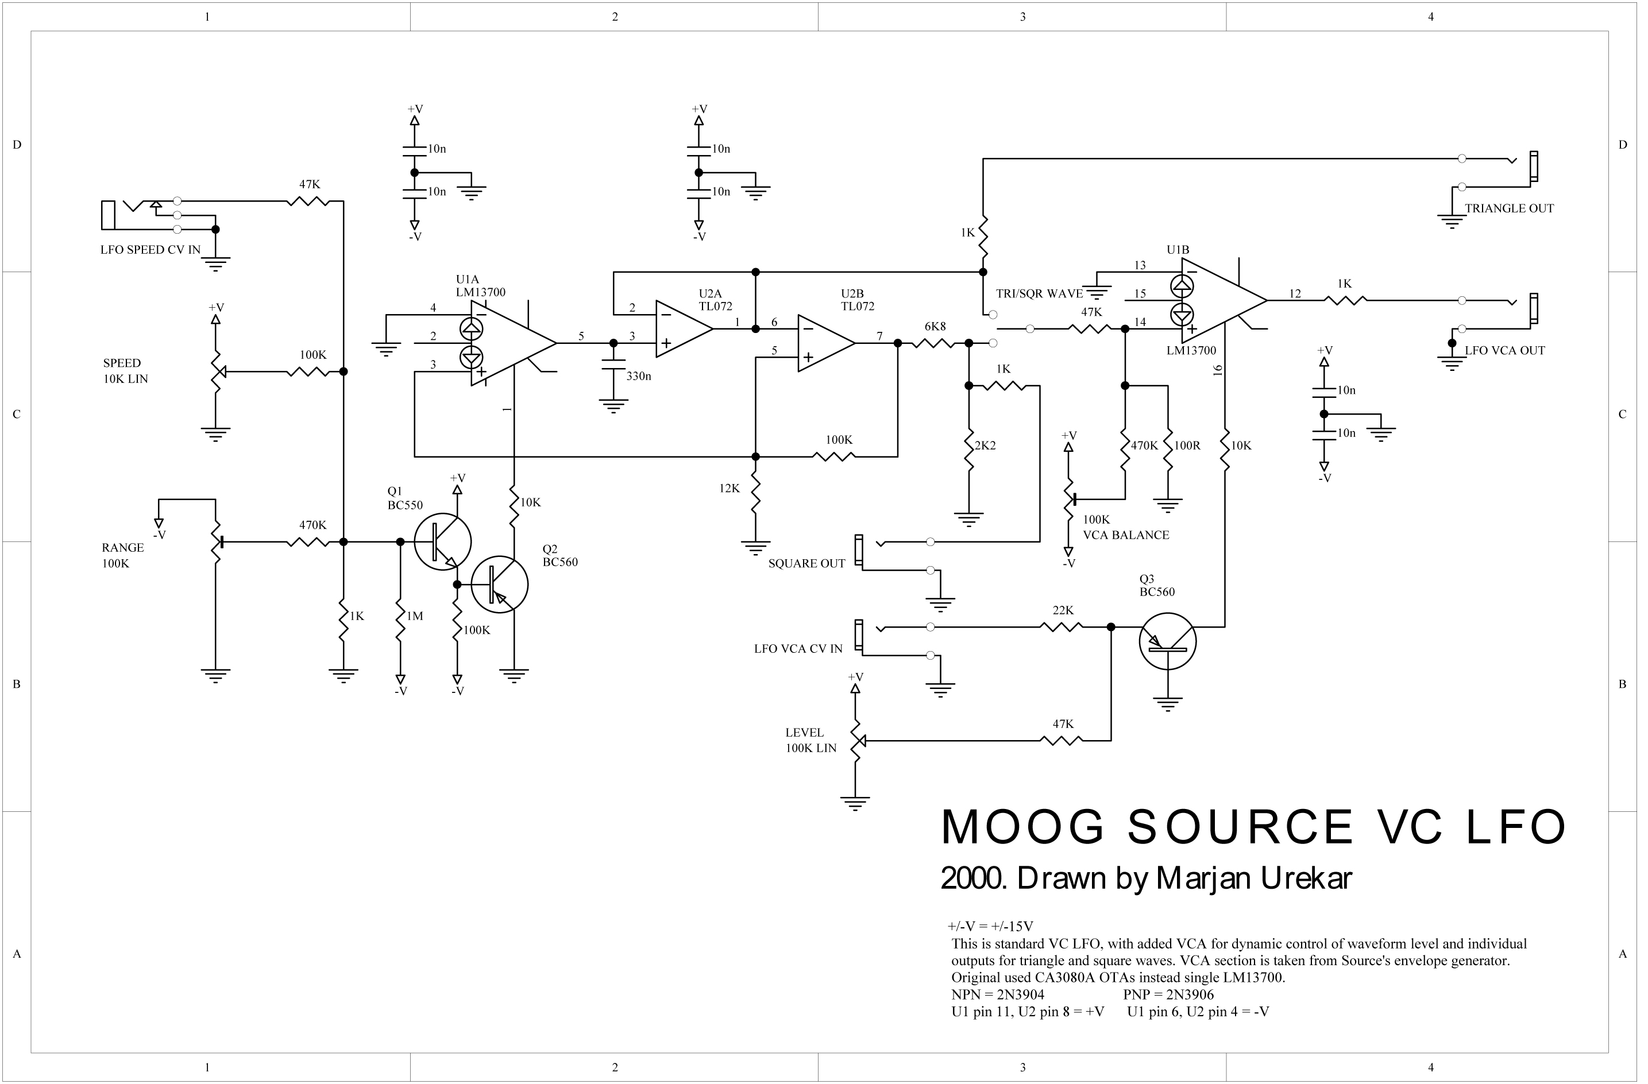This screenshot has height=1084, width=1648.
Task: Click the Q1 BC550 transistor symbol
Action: point(442,543)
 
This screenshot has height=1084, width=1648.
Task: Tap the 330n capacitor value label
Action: point(638,377)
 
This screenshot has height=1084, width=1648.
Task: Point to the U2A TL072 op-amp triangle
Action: point(684,329)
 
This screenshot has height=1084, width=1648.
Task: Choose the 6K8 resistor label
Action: point(935,327)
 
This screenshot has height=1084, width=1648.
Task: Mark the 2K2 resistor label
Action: point(985,446)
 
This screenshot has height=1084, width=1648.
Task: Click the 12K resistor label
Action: point(729,489)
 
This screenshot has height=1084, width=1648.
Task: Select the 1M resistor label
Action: point(415,616)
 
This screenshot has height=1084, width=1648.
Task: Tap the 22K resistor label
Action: point(1063,610)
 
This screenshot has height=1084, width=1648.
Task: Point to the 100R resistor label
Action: point(1187,446)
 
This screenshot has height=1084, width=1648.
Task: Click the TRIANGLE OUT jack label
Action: point(1509,208)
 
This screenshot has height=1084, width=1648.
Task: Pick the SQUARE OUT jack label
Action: point(806,563)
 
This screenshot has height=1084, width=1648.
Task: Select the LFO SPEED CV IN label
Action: point(150,250)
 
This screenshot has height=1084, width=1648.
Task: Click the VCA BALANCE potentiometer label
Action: point(1126,535)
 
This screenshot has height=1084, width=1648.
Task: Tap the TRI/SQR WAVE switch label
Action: point(1039,294)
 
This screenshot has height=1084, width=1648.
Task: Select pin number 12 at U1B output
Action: point(1295,294)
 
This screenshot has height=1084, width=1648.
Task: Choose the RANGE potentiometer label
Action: point(122,548)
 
